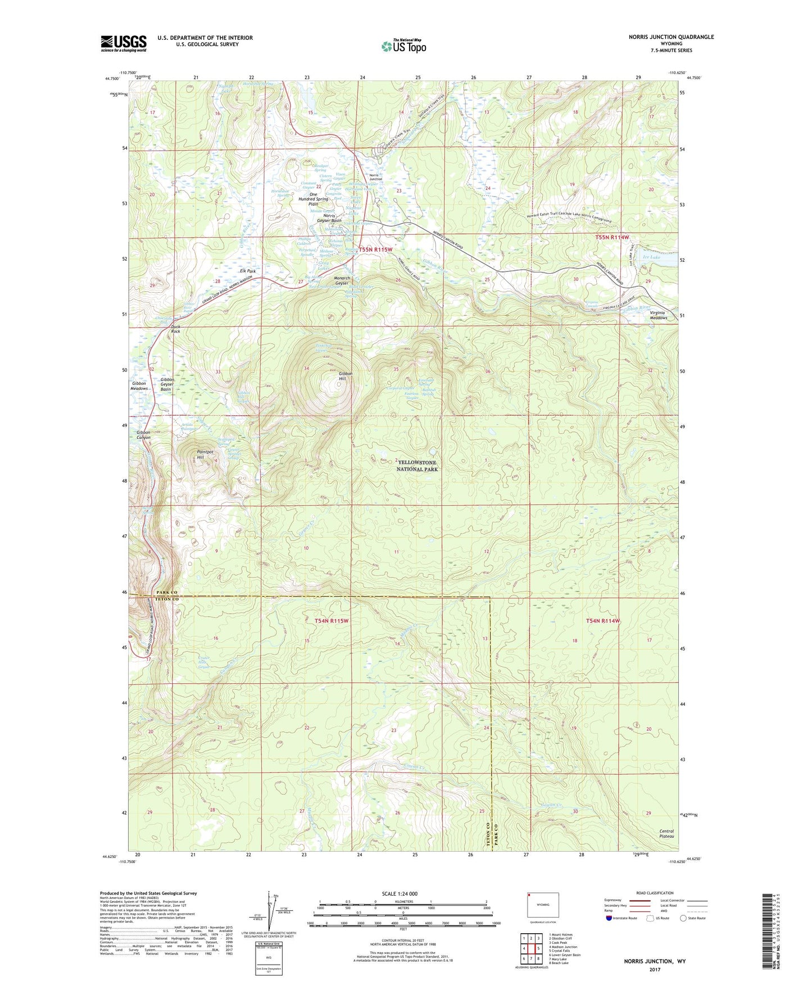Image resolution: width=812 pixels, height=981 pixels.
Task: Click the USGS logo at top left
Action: coord(124,43)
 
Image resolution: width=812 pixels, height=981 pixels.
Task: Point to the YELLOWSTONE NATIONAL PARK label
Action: coord(417,466)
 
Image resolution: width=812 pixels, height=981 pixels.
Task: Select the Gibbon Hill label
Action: coord(346,376)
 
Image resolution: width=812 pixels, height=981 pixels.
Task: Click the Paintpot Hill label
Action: coord(205,455)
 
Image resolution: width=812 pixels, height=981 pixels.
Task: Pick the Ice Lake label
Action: coord(651,257)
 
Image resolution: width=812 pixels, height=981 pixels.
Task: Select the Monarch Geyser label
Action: coord(342,281)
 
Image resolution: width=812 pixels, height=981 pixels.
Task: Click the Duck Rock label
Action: coord(176,329)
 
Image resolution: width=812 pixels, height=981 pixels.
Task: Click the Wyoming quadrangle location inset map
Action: coord(543,906)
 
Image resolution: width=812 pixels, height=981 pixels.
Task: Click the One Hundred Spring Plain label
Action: coord(314,199)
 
